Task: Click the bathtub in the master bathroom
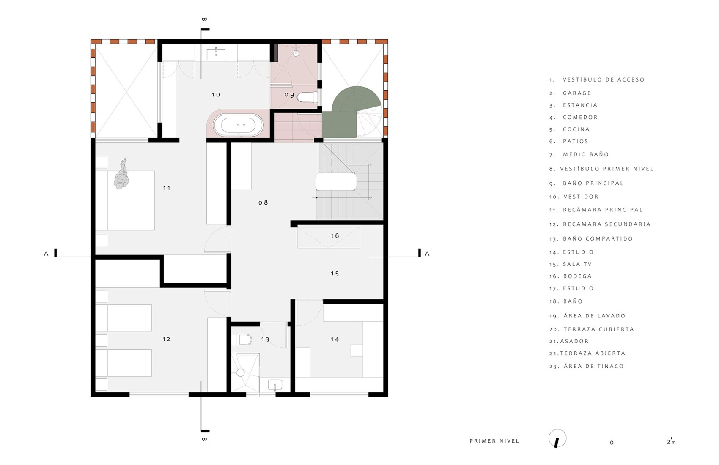click(x=238, y=126)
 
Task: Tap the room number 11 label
click(x=167, y=188)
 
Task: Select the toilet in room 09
click(x=307, y=97)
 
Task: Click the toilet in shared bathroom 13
click(x=244, y=339)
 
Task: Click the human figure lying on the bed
click(x=122, y=175)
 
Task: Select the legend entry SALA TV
click(x=577, y=264)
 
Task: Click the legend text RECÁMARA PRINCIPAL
click(x=602, y=210)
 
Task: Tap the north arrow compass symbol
click(x=557, y=439)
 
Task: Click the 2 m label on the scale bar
click(x=671, y=442)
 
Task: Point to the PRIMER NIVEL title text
click(x=494, y=441)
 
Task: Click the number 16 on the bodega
click(x=335, y=236)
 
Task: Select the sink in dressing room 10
click(x=216, y=54)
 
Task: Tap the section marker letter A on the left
click(x=46, y=254)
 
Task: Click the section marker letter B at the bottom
click(x=204, y=440)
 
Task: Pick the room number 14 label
click(x=335, y=339)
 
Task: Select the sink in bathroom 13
click(x=275, y=385)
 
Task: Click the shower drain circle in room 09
click(x=296, y=53)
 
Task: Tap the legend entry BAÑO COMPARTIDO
click(x=597, y=239)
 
